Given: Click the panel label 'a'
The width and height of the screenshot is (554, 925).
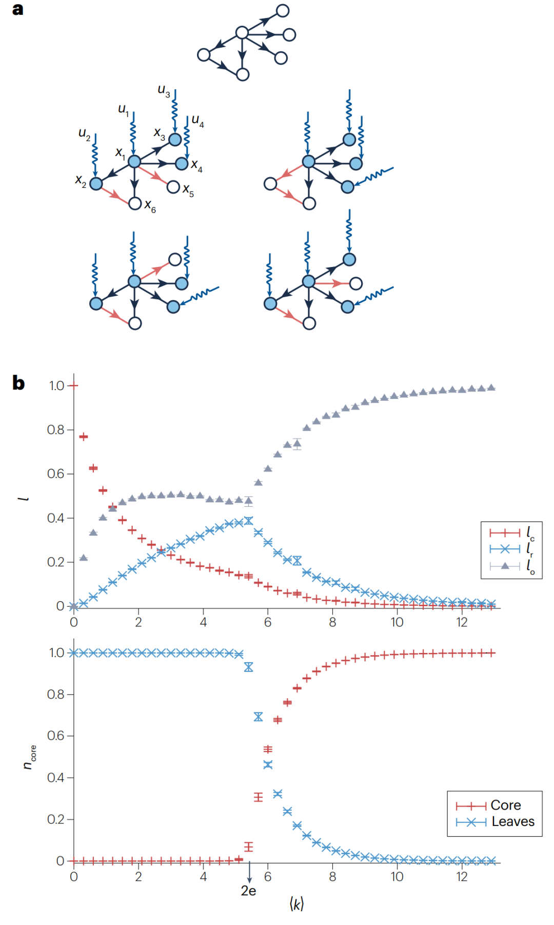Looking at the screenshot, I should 17,9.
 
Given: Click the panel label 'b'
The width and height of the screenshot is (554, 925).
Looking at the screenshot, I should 18,383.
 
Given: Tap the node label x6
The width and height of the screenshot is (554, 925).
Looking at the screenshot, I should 150,206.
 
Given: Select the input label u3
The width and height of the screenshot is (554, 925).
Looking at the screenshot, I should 164,91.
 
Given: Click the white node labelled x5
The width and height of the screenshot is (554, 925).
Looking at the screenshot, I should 173,187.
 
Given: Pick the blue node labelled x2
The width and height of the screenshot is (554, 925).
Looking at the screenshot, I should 96,183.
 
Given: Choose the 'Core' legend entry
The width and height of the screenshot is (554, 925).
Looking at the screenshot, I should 505,805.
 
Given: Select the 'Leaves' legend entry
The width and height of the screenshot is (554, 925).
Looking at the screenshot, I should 512,821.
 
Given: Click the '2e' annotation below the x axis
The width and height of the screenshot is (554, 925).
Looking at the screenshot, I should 248,891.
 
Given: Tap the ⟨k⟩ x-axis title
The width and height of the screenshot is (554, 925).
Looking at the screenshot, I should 296,904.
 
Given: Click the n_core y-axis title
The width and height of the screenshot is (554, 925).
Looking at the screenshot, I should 30,757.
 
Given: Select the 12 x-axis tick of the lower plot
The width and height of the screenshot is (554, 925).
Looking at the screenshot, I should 462,876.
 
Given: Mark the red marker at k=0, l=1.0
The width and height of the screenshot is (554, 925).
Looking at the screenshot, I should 74,386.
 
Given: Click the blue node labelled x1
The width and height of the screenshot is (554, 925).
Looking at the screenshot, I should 134,162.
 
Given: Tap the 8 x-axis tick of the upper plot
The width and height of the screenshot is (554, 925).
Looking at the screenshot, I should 332,622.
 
